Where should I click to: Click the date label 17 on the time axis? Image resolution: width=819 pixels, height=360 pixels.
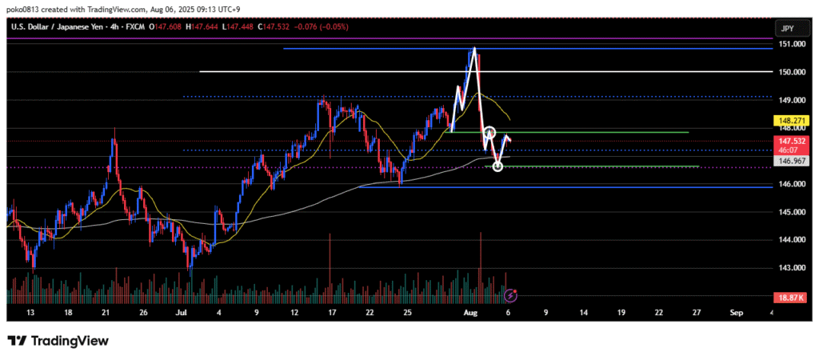coord(333,313)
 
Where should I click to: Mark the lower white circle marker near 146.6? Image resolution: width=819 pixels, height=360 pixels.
coord(498,166)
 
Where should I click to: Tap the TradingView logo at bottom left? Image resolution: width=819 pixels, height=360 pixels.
coord(58,341)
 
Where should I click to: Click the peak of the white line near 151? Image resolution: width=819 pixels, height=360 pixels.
coord(473,50)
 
